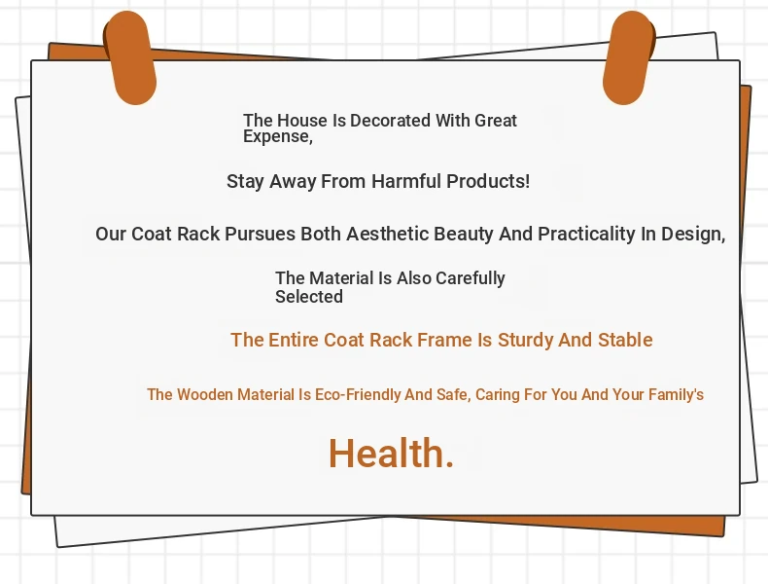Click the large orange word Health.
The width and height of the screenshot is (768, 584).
pyautogui.click(x=392, y=453)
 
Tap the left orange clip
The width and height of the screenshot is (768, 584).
pyautogui.click(x=130, y=57)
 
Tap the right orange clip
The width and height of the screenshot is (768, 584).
pyautogui.click(x=629, y=57)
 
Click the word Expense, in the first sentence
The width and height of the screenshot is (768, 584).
pyautogui.click(x=278, y=137)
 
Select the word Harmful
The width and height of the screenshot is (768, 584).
pyautogui.click(x=406, y=181)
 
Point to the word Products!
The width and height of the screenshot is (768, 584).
pyautogui.click(x=488, y=181)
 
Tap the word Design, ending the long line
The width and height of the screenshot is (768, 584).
pyautogui.click(x=693, y=235)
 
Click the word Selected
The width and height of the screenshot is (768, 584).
pyautogui.click(x=308, y=297)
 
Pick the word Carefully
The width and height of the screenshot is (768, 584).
pyautogui.click(x=471, y=278)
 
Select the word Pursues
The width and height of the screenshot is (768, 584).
pyautogui.click(x=260, y=234)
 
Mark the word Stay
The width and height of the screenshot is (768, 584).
pyautogui.click(x=245, y=182)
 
